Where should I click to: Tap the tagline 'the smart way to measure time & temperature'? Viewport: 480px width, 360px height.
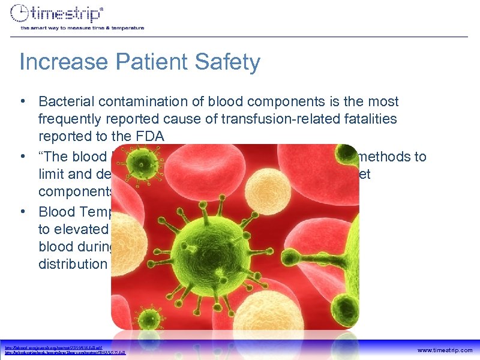82,28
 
